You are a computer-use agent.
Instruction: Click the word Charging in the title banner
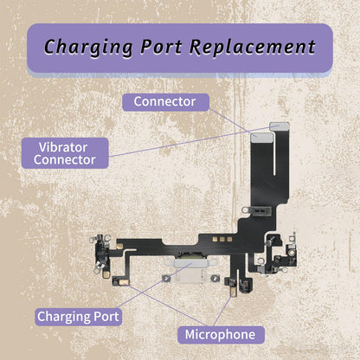88,47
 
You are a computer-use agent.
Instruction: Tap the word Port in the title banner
161,47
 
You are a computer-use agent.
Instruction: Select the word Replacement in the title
253,47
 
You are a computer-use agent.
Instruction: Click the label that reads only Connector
165,102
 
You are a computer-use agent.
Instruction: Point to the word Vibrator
63,147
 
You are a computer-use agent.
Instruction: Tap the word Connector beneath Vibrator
65,160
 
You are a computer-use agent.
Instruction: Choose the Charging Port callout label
78,317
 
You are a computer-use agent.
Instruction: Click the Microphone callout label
221,335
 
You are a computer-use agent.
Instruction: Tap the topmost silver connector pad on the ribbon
279,125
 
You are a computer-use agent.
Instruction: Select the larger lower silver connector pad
261,138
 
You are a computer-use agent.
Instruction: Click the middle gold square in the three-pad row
222,239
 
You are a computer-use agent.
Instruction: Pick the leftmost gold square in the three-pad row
215,239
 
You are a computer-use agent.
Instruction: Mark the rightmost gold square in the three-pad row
229,239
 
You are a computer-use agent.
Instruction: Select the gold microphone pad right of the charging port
234,292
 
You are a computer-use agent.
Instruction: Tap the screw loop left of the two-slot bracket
247,210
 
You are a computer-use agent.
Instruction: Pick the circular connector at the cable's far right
292,253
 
